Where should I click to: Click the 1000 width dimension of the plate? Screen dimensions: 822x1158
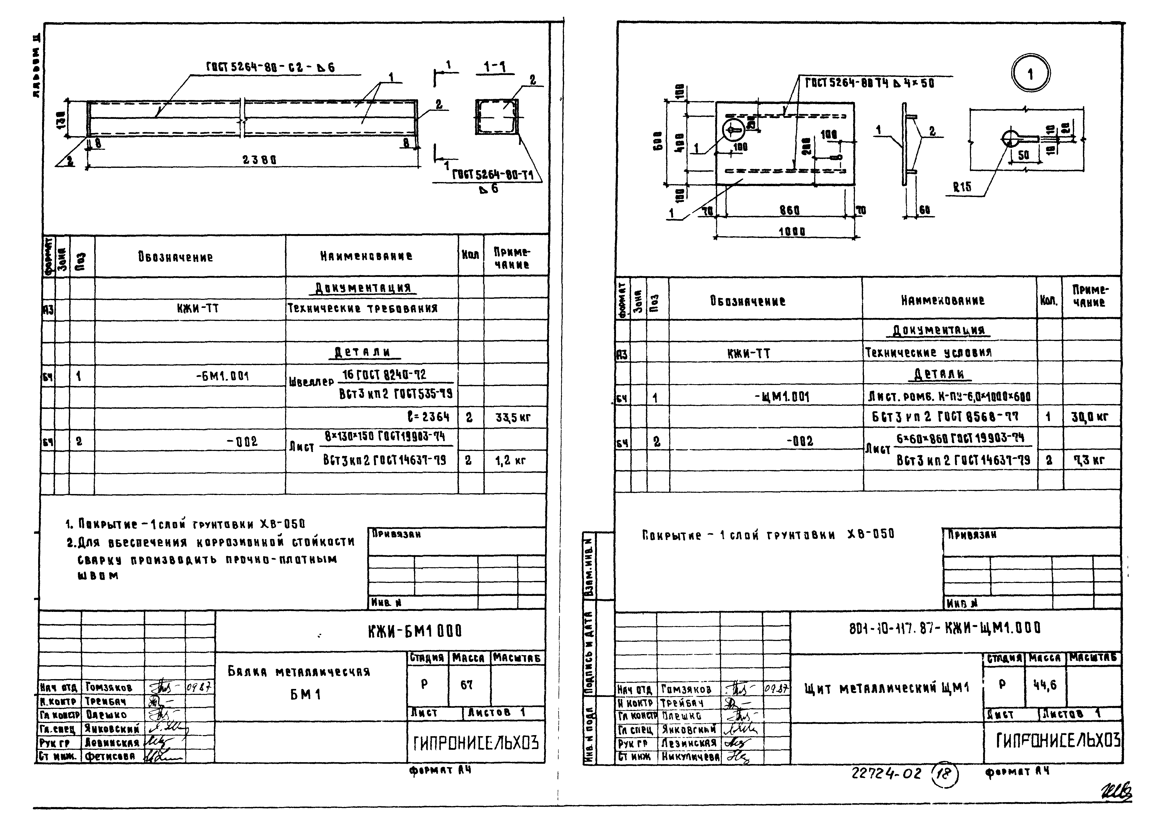(791, 232)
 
